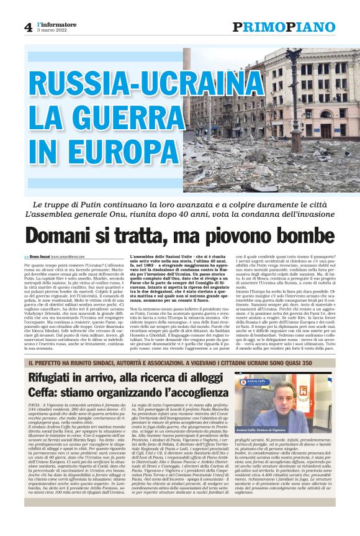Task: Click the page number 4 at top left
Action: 28,26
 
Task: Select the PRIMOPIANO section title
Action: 284,27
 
